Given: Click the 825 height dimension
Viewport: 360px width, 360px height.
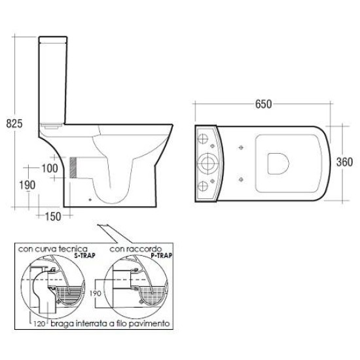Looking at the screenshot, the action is tap(14, 124).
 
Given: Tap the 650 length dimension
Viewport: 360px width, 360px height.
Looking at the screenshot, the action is tap(263, 104).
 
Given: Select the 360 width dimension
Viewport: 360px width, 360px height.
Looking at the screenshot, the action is tap(344, 162).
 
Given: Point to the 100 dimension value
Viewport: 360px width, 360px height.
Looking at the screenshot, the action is tap(50, 168).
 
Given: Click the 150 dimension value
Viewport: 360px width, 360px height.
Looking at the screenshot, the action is tap(53, 217).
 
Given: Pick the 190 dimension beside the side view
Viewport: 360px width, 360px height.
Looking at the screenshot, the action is tap(27, 185).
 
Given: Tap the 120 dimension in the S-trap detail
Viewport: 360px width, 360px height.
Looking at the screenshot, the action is tap(39, 324).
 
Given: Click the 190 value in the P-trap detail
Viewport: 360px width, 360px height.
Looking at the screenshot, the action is tap(96, 293).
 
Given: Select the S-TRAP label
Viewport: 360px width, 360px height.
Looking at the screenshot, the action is tap(84, 255).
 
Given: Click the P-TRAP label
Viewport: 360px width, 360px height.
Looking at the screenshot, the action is tap(162, 255).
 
